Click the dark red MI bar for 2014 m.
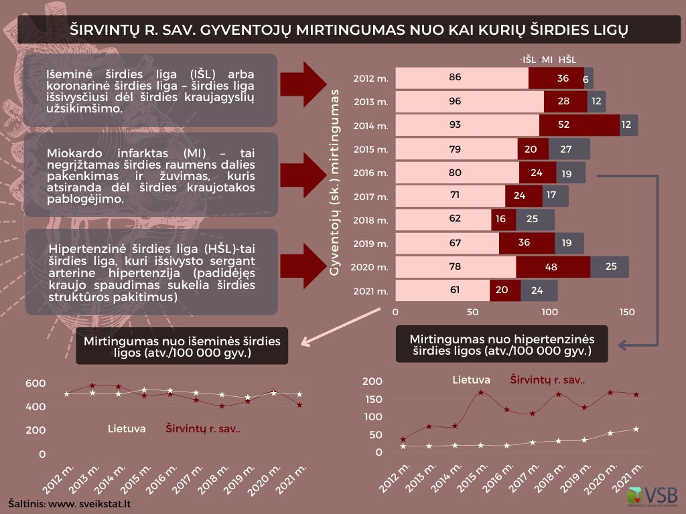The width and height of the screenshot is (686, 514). (x=579, y=125)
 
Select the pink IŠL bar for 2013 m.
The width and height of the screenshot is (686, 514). (x=470, y=102)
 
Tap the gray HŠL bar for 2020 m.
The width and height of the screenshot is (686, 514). (x=610, y=267)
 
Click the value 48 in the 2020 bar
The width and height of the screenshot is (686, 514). (x=551, y=267)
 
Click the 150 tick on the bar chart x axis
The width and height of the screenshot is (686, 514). (x=627, y=313)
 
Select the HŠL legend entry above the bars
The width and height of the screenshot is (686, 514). (x=567, y=60)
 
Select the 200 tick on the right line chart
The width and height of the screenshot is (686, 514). (x=376, y=381)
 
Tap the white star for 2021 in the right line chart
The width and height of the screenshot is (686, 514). (x=636, y=429)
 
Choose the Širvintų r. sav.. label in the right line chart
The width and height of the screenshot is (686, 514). (x=548, y=380)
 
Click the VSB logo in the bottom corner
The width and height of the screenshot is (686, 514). (x=653, y=496)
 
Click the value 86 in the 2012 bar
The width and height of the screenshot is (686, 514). (x=455, y=78)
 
